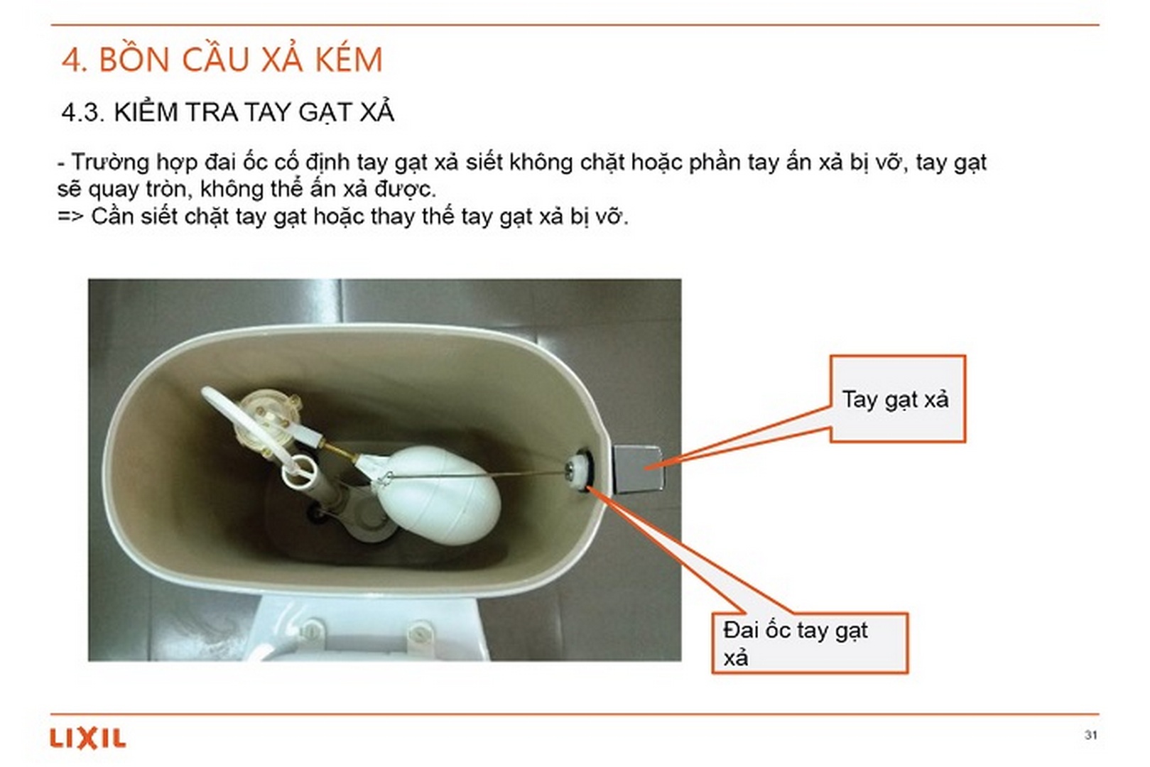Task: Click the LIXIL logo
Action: point(87,739)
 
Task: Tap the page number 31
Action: point(1091,734)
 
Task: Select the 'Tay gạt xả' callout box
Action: point(897,398)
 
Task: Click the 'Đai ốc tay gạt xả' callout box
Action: point(810,642)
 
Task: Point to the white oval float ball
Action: point(439,495)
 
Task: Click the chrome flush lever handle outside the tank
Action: point(637,468)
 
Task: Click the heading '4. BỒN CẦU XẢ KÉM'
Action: point(222,60)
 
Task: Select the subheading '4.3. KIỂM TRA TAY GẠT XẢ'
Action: point(227,112)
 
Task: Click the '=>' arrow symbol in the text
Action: point(70,216)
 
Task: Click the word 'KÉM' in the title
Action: point(348,60)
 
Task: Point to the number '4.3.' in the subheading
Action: point(82,112)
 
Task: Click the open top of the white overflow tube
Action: point(300,470)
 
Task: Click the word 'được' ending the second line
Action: point(406,190)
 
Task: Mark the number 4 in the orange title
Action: point(71,60)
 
